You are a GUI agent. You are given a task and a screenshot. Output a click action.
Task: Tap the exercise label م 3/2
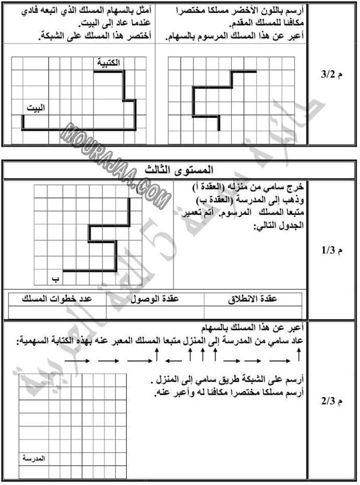pos(331,76)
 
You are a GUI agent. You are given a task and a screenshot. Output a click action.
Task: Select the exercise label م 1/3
pos(331,250)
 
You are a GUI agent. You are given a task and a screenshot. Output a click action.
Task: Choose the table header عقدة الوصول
pos(155,299)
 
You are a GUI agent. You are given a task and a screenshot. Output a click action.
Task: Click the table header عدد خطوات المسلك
pos(57,299)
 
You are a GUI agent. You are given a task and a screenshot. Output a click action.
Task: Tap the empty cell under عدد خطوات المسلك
pos(57,312)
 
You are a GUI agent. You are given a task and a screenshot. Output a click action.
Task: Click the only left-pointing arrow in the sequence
pos(173,360)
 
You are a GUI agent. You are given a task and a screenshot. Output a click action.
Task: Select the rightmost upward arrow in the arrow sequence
pos(298,356)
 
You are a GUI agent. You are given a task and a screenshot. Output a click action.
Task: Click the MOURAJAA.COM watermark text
pos(116,165)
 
